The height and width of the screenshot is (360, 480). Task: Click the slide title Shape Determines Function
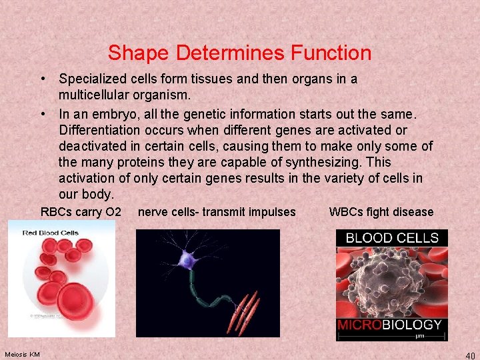(239, 53)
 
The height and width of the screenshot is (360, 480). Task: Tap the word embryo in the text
(114, 113)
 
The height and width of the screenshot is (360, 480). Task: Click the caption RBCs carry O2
(81, 212)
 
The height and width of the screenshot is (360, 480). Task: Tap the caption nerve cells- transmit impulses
(217, 212)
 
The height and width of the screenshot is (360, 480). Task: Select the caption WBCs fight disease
(381, 212)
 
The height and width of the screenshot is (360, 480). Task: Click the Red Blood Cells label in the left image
(51, 233)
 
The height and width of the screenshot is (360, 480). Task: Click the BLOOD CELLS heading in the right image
(391, 238)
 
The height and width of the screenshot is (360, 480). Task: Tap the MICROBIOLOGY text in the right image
(390, 325)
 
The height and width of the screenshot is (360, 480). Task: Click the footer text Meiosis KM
(22, 353)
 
